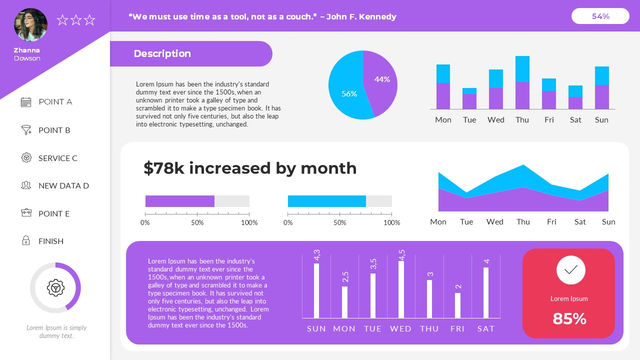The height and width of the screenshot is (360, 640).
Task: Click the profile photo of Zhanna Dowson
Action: click(30, 25)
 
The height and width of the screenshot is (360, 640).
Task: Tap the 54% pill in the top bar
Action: click(600, 16)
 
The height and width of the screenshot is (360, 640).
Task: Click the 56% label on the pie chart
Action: click(348, 93)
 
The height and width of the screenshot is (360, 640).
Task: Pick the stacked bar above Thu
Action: click(522, 83)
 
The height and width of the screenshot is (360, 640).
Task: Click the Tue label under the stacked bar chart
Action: click(469, 119)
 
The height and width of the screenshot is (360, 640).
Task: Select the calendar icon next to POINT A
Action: click(26, 102)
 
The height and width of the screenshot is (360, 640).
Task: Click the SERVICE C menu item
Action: click(57, 158)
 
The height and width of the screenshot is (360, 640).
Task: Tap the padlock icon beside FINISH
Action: click(26, 241)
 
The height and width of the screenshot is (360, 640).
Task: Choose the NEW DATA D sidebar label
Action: click(63, 185)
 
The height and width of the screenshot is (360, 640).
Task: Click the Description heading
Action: click(162, 53)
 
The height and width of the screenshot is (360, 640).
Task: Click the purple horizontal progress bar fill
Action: click(179, 201)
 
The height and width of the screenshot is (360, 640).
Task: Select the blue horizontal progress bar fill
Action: click(326, 201)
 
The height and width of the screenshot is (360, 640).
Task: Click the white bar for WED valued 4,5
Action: click(401, 289)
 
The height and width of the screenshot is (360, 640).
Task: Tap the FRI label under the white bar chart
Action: click(457, 328)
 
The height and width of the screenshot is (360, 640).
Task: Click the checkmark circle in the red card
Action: click(570, 270)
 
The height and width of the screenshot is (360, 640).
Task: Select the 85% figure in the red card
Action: click(569, 318)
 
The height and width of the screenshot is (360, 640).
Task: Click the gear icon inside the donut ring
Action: click(55, 287)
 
